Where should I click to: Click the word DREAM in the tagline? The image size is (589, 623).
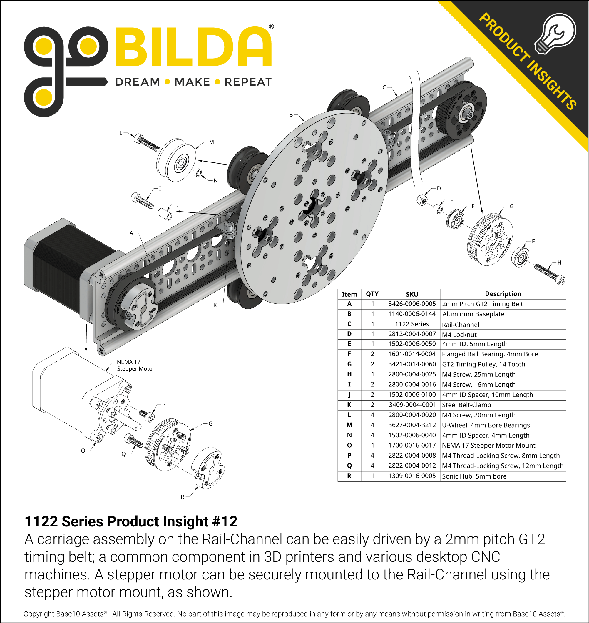(138, 82)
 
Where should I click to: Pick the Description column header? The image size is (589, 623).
(503, 294)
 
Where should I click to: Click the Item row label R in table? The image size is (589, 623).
(349, 476)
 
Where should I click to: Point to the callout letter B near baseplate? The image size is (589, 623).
(291, 115)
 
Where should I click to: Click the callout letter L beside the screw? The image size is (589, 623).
(121, 133)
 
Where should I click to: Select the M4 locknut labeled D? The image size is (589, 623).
(422, 200)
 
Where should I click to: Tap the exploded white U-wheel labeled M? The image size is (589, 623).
(176, 160)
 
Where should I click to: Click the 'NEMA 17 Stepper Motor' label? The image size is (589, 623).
(135, 365)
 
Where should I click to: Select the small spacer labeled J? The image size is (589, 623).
(165, 214)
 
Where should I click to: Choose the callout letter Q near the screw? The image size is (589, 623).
(124, 454)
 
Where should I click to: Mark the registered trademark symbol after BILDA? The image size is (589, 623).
(271, 27)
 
